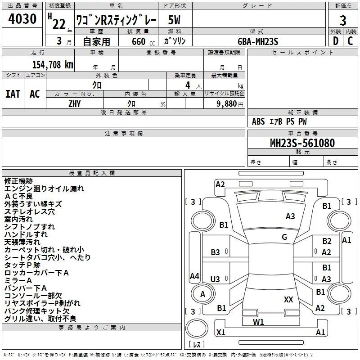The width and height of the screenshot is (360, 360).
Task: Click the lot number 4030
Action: click(22, 18)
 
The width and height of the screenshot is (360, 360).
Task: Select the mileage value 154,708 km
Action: click(53, 65)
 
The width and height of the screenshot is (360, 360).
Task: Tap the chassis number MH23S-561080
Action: click(302, 143)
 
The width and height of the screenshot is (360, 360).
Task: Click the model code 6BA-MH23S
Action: click(258, 41)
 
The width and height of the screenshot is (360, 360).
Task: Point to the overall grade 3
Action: click(343, 21)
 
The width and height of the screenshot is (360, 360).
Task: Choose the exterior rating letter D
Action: click(336, 41)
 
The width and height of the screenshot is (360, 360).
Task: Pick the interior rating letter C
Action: click(350, 41)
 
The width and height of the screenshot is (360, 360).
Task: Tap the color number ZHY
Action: click(75, 104)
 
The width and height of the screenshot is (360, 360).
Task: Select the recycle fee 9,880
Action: click(227, 103)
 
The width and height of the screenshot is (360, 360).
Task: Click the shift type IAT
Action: click(13, 94)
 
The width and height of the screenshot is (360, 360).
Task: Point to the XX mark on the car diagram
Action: click(288, 299)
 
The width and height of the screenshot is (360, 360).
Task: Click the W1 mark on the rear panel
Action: click(258, 322)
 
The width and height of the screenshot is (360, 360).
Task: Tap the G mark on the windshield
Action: click(284, 237)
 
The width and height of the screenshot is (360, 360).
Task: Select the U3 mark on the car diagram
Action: click(215, 279)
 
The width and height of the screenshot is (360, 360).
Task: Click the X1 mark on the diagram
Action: click(220, 332)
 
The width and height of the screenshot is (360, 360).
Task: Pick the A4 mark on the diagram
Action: click(194, 276)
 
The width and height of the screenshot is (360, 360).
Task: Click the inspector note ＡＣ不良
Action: click(18, 196)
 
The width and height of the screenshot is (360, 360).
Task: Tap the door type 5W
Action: click(174, 20)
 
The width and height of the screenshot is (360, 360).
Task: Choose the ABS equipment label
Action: click(258, 121)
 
